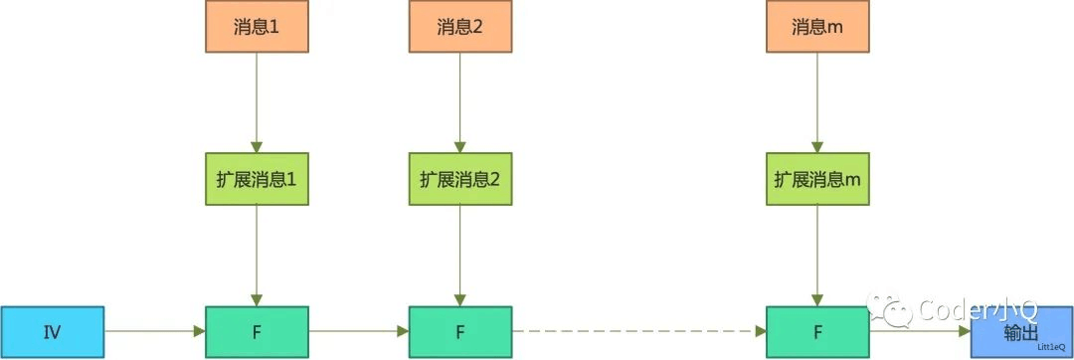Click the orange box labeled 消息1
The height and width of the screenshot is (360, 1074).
coord(257,27)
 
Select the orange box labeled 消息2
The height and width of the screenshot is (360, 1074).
coord(458,27)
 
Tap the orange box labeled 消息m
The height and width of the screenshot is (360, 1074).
coord(816,27)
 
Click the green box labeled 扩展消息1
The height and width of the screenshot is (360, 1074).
coord(257,179)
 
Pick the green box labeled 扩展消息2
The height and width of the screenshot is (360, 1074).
coord(458,179)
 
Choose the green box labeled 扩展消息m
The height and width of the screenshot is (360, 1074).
coord(816,179)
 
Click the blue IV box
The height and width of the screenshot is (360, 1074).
coord(52,332)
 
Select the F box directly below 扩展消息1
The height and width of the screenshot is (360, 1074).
coord(257,332)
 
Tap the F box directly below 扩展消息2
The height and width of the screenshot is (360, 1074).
coord(458,332)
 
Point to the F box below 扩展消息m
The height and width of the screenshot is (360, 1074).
coord(816,332)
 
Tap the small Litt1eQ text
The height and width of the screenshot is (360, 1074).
coord(1051,347)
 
